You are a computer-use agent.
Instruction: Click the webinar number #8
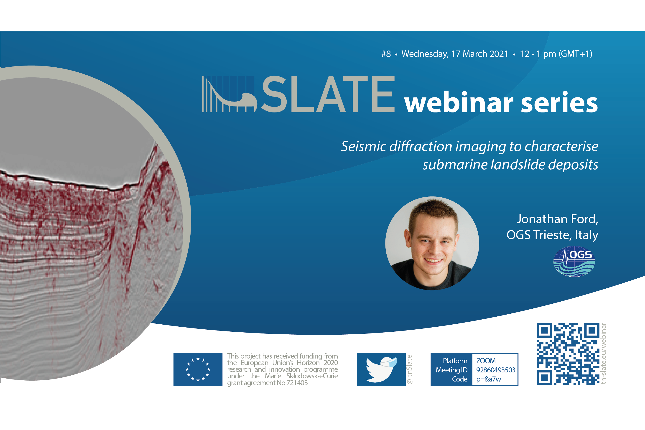click(x=386, y=54)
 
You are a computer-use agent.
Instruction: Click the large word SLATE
click(x=328, y=94)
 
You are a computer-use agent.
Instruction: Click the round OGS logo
click(x=574, y=261)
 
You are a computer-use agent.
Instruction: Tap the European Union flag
click(x=198, y=369)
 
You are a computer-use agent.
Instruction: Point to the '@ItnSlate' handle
click(x=409, y=369)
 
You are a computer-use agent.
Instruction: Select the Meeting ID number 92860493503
click(x=496, y=370)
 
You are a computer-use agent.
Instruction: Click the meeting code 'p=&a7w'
click(x=488, y=379)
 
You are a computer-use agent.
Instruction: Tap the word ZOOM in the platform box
click(x=486, y=361)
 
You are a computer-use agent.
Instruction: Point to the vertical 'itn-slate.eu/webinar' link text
click(x=603, y=354)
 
